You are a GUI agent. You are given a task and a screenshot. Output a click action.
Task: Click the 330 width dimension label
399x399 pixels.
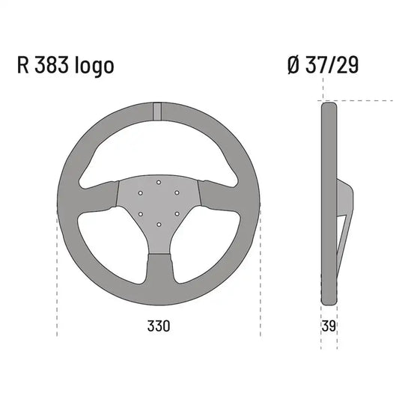(159, 326)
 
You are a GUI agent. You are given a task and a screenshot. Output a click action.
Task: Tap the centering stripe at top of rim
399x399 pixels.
(158, 109)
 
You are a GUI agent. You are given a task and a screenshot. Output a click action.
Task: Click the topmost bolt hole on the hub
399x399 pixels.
(158, 182)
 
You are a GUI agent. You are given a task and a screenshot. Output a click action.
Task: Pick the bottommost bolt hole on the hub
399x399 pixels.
(158, 225)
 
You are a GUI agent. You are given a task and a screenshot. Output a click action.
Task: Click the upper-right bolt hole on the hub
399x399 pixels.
(177, 192)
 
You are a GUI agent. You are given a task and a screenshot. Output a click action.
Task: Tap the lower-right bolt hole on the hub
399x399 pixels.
(177, 214)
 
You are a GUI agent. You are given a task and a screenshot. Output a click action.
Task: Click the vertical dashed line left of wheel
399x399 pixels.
(57, 269)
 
